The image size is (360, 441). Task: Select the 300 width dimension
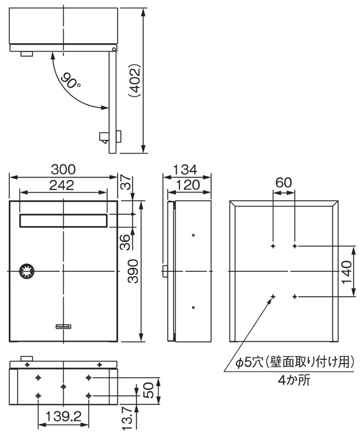[x=63, y=170]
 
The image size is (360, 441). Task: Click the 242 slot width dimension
[x=62, y=185]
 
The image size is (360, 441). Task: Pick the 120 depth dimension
[x=189, y=185]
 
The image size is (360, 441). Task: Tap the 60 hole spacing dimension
[x=284, y=183]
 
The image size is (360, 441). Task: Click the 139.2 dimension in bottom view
[x=63, y=416]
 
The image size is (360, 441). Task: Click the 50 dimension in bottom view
[x=148, y=389]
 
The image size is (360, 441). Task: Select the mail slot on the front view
[x=63, y=220]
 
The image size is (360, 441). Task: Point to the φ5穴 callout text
[x=292, y=362]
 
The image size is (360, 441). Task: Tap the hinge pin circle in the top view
[x=113, y=49]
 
